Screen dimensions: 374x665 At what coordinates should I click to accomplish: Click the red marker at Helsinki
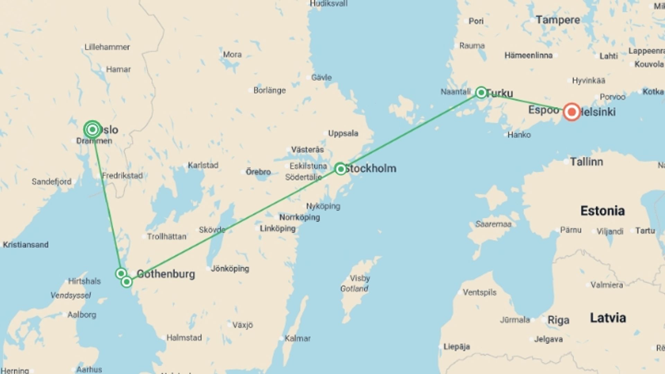(571, 112)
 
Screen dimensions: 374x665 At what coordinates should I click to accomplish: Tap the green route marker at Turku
(481, 92)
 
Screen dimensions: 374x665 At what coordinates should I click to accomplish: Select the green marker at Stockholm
(340, 169)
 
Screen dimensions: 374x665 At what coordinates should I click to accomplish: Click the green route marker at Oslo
(92, 130)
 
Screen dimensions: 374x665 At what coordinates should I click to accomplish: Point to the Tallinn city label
(586, 162)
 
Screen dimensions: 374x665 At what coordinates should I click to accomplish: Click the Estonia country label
(602, 211)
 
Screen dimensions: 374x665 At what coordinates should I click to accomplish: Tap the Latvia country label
(608, 318)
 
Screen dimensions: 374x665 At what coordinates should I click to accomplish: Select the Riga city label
(558, 320)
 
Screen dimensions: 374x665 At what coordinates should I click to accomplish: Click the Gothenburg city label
(166, 274)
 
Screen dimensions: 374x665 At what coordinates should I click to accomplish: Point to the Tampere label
(558, 20)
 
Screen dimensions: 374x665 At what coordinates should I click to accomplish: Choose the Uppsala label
(343, 133)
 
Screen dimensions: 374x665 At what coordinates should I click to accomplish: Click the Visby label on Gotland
(360, 278)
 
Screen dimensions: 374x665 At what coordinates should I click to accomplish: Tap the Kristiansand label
(26, 245)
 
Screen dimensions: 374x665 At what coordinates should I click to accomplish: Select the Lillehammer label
(107, 47)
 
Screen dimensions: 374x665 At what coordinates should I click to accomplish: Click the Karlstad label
(203, 165)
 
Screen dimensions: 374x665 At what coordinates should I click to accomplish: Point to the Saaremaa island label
(493, 224)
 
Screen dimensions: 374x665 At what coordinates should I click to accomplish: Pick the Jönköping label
(230, 268)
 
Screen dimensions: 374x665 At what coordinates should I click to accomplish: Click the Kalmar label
(298, 338)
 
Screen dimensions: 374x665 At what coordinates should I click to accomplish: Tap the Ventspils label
(479, 293)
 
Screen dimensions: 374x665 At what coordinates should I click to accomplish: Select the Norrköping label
(299, 217)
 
